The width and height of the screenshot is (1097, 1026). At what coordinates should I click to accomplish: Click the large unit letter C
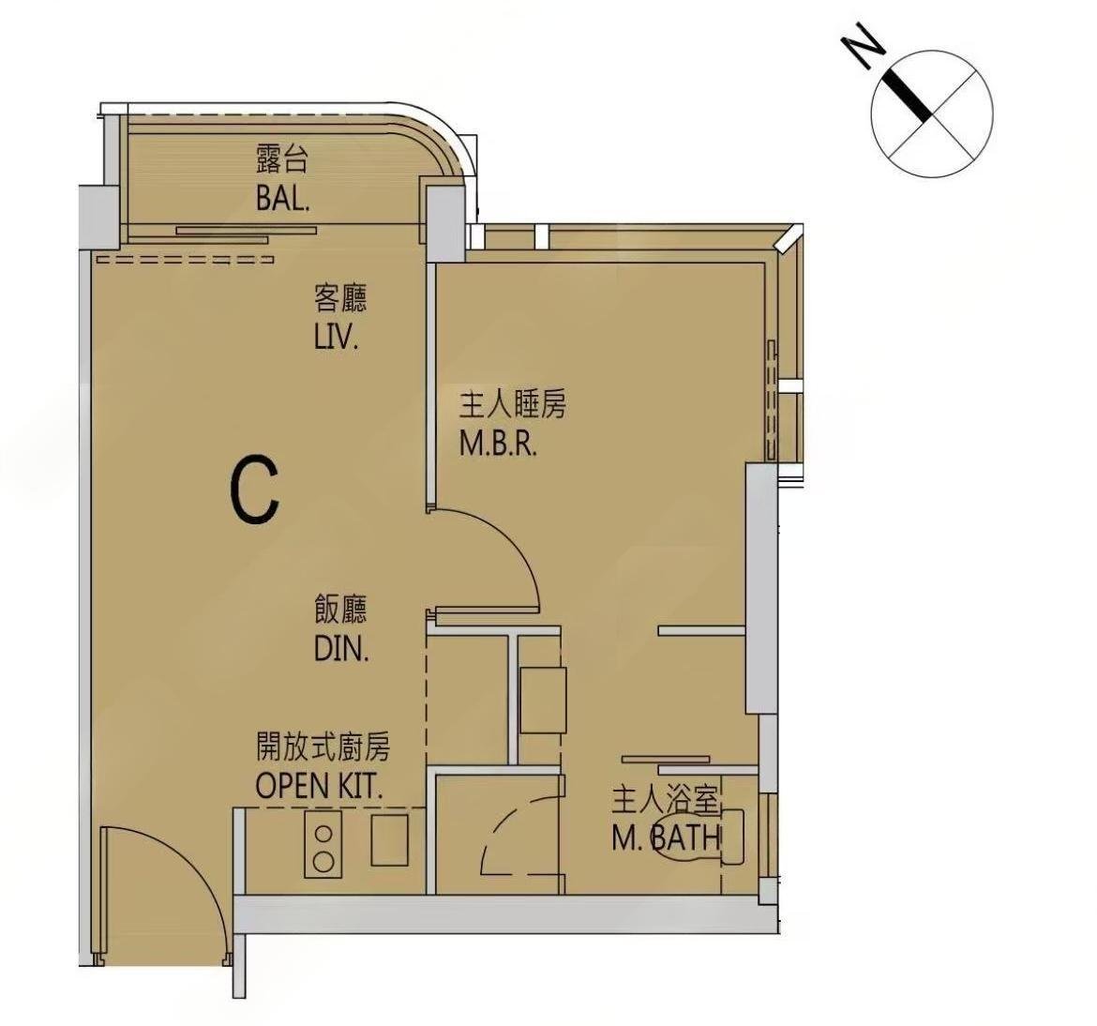(256, 490)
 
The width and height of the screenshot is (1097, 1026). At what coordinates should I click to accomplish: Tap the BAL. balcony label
(282, 200)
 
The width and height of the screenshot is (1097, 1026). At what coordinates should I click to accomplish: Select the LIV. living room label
(337, 338)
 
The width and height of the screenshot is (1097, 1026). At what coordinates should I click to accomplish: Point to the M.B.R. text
(498, 444)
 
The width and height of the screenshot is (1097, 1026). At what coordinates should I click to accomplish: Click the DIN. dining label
(341, 650)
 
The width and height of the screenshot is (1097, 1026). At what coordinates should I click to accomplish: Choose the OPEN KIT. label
(319, 786)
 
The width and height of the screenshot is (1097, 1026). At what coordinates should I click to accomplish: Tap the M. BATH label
(666, 837)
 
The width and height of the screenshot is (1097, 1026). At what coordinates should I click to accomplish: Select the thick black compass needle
(909, 93)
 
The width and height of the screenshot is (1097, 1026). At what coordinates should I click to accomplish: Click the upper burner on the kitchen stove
(323, 834)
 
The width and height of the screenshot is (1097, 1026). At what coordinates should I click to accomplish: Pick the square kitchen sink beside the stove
(390, 839)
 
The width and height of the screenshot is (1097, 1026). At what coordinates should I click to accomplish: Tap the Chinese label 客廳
(340, 299)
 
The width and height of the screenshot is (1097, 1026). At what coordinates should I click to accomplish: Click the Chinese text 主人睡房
(512, 404)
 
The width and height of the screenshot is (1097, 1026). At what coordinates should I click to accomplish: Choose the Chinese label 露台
(280, 159)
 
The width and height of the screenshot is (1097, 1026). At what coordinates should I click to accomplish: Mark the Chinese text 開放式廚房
(323, 747)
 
